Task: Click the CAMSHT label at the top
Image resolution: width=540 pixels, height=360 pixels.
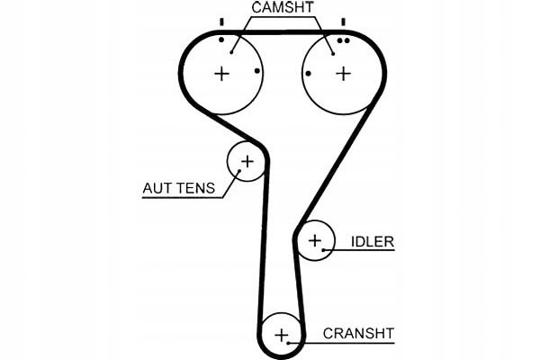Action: [282, 9]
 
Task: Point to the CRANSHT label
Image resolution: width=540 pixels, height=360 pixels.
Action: [357, 333]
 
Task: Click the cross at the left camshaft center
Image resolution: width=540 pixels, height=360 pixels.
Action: [222, 74]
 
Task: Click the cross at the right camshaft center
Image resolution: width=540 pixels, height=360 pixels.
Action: [343, 74]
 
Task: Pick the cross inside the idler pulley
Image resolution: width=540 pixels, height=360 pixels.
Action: [314, 240]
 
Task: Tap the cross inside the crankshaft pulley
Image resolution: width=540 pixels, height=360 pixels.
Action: [283, 336]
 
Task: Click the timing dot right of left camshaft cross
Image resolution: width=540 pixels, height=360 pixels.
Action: [257, 71]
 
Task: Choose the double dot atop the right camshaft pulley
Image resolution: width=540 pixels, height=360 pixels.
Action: [342, 40]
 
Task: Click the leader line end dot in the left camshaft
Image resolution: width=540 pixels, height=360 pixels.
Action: [231, 51]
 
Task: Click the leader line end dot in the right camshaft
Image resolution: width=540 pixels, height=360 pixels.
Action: [333, 52]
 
